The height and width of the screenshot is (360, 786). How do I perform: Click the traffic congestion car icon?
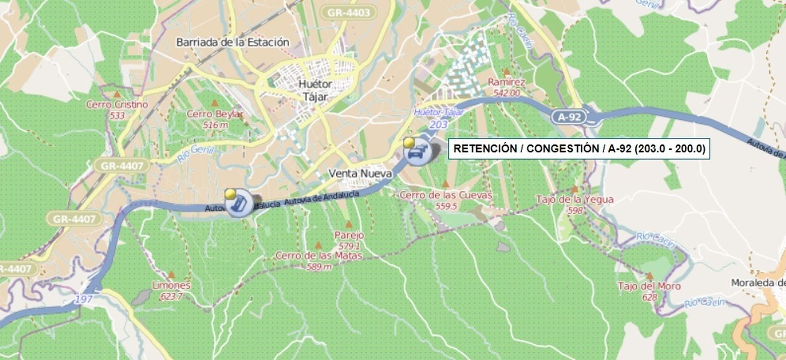[418, 152]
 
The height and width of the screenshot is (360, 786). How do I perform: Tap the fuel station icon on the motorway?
[239, 203]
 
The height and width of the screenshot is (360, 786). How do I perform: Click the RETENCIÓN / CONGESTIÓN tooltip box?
[579, 149]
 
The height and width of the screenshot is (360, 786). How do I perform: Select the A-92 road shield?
[569, 117]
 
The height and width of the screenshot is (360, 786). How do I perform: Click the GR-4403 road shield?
[348, 12]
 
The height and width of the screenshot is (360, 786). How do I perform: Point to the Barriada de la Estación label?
[233, 42]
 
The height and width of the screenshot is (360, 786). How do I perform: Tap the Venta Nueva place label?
[360, 173]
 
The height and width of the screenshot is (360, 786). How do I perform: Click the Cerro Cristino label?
[117, 104]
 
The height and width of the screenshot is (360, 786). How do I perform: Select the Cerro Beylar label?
[215, 114]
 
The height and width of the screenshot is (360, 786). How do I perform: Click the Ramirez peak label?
[506, 82]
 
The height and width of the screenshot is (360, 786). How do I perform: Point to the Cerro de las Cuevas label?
[446, 195]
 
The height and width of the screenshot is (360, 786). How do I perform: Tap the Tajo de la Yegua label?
[574, 199]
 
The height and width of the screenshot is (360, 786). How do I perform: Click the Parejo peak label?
[349, 235]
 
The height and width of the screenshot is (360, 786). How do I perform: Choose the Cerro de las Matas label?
[319, 255]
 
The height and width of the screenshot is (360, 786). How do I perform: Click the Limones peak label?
[171, 285]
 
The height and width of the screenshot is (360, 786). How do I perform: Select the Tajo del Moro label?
[649, 286]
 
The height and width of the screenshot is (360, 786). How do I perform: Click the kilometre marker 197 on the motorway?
[84, 299]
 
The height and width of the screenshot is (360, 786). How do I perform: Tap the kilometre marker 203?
[438, 125]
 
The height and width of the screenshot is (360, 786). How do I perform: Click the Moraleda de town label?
[758, 283]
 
